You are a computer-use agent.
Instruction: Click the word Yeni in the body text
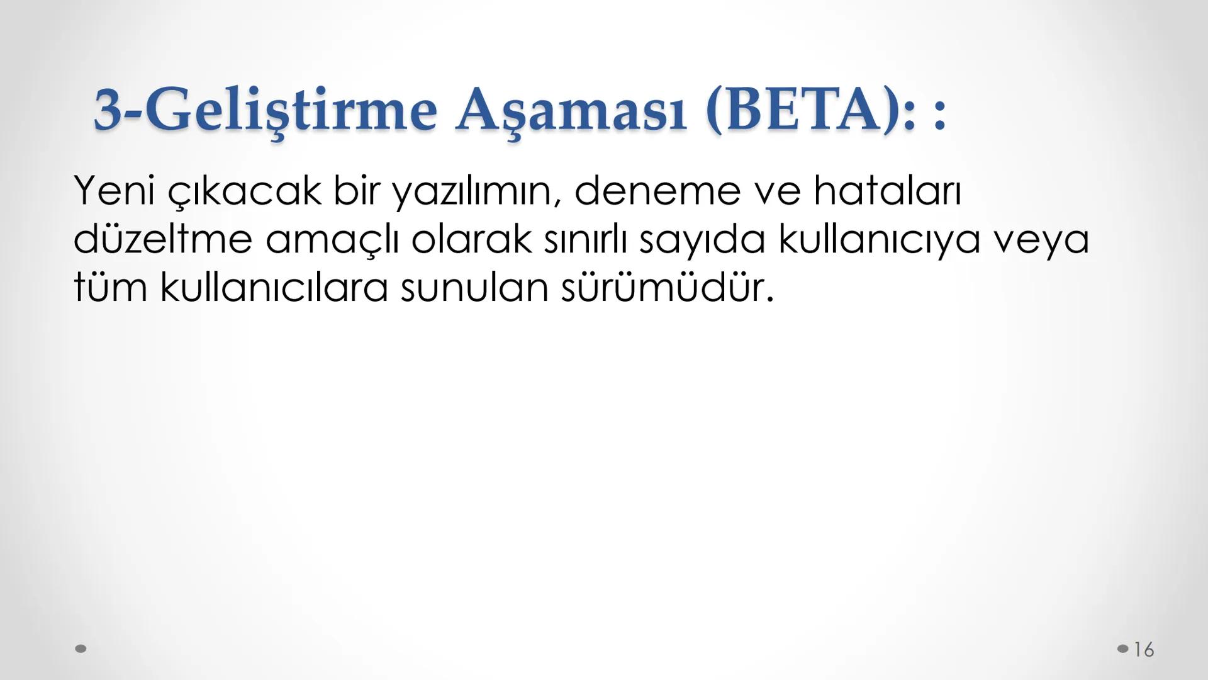(x=114, y=190)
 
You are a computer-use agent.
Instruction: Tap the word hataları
(x=887, y=190)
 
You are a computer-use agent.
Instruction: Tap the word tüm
(x=110, y=288)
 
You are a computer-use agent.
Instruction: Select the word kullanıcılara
(x=274, y=288)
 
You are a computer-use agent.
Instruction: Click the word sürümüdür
(x=667, y=288)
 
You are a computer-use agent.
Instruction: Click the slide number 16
(x=1144, y=649)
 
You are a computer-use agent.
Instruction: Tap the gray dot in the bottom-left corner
(x=81, y=649)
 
